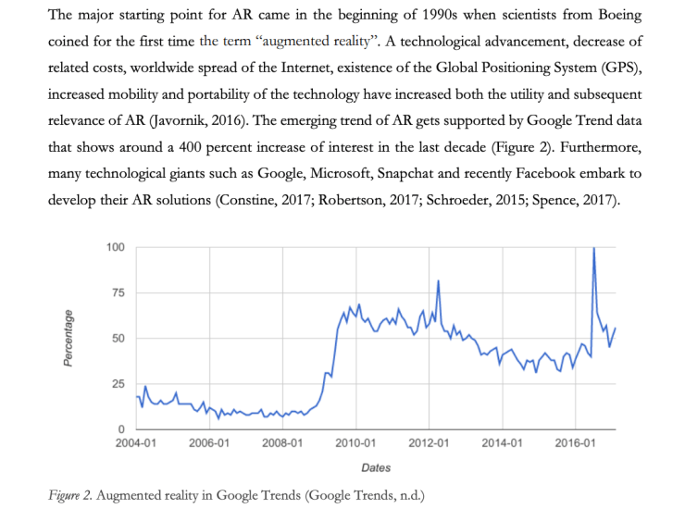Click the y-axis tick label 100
point(116,247)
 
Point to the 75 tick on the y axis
point(118,292)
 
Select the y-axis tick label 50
point(118,339)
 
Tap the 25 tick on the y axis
point(118,384)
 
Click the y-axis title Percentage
point(68,339)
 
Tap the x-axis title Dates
point(375,468)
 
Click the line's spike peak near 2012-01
point(438,280)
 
